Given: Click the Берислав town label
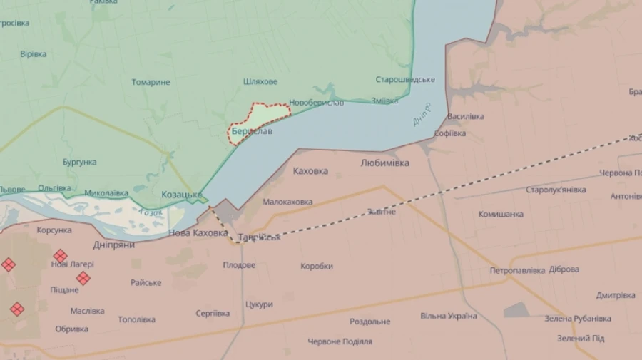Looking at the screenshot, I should tap(251, 132).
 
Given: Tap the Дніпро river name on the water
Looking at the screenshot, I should tap(422, 115).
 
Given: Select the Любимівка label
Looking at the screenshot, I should tap(385, 163).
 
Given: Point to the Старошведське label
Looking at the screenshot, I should tap(405, 79).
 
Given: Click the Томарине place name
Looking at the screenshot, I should tap(151, 82).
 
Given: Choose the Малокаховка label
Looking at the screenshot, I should tap(287, 202).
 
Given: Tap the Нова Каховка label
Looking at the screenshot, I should tap(198, 233).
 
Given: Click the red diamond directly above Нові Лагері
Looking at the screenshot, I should tap(61, 255).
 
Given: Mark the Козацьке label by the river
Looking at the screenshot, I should tap(181, 195).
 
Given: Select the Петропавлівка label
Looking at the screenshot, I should tap(517, 270).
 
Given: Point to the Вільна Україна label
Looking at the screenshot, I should tap(448, 316).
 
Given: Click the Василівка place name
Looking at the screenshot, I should tap(466, 116).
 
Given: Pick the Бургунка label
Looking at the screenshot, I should tap(79, 162).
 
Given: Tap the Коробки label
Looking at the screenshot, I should tap(317, 266).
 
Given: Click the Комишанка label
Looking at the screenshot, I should tap(501, 214).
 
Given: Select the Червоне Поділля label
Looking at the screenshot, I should tap(340, 341).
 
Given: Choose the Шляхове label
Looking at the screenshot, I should tap(260, 81).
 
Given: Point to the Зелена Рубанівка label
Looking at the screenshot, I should tap(578, 318).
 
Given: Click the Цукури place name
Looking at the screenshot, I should tap(259, 304).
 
